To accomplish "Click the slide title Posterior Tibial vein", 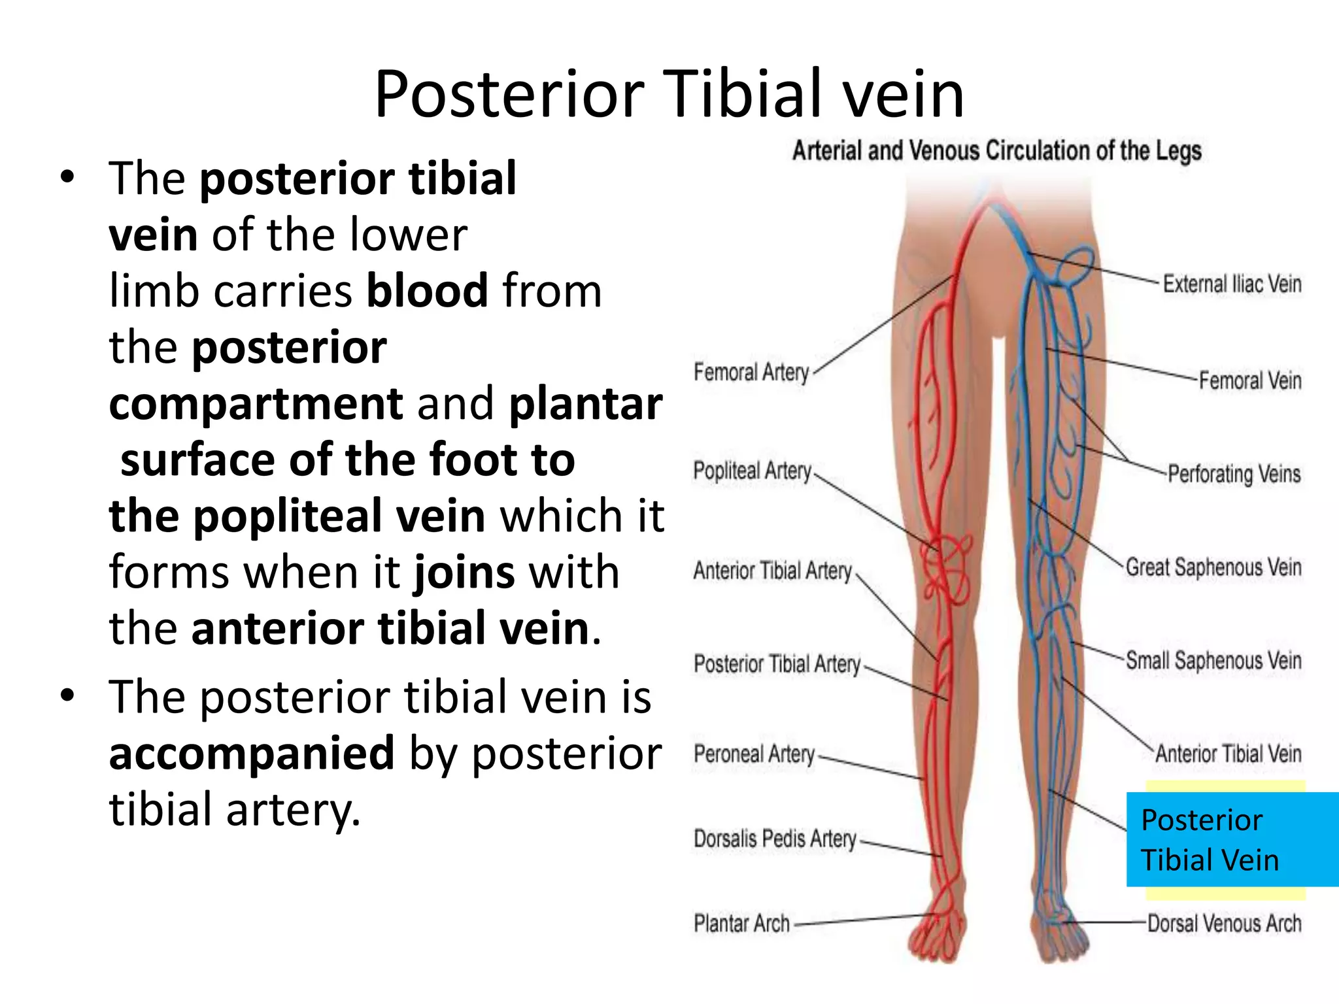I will tap(669, 95).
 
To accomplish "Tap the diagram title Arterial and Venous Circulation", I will tap(996, 151).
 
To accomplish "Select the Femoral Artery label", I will tap(751, 373).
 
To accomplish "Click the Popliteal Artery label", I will tap(752, 471).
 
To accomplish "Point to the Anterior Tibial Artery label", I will tap(773, 571).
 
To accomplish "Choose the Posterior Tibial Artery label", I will tap(777, 664).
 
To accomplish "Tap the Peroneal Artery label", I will tap(754, 754).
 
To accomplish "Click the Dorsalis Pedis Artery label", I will tap(775, 839).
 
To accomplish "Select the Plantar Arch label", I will tap(741, 924).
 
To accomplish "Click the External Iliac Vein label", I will tap(1232, 284).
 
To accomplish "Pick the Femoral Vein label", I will tap(1249, 380).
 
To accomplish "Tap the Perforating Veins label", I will tap(1234, 474).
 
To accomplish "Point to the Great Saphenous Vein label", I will tap(1213, 567).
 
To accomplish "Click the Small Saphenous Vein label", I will tap(1213, 661).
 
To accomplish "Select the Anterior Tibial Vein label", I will tap(1228, 754).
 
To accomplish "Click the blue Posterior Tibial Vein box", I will tap(1232, 840).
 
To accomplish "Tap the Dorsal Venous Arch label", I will tap(1224, 924).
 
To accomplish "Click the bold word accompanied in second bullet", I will tap(252, 754).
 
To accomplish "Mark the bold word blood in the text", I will tap(427, 291).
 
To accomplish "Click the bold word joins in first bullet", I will tap(464, 573).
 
